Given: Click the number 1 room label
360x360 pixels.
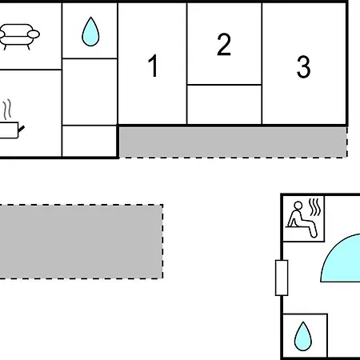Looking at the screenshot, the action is tap(154, 66).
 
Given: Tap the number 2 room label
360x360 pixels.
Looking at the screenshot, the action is tap(224, 45).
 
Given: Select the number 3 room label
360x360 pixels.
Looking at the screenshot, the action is tap(303, 66).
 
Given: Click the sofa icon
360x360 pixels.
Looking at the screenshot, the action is tap(19, 37).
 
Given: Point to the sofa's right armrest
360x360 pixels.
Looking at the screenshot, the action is tap(34, 34).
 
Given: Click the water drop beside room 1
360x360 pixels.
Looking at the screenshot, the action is tap(90, 31).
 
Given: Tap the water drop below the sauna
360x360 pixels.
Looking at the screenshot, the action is tap(303, 336).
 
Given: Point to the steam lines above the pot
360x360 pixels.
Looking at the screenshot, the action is tap(8, 110).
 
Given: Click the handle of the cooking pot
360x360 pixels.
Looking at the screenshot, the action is tap(22, 129).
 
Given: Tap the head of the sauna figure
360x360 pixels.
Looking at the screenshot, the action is tap(298, 206).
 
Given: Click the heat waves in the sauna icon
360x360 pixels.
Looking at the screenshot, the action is tap(314, 206).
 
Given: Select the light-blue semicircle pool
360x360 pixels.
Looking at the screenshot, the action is tap(341, 258).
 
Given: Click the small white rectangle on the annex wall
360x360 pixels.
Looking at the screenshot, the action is tap(282, 278).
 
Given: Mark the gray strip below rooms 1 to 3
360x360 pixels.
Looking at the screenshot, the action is tap(233, 142).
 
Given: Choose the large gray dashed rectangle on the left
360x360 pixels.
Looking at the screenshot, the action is tap(81, 242).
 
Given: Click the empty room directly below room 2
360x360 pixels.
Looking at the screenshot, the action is tap(224, 105).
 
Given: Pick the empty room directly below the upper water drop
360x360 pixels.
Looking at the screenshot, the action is tap(90, 92).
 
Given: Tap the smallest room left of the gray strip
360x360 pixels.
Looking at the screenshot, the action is tap(90, 141).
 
